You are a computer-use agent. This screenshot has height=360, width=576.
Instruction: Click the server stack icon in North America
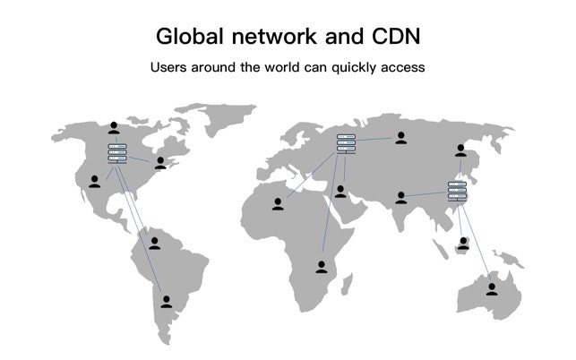pos(117,154)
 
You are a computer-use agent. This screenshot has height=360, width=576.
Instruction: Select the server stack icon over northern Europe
pos(346,143)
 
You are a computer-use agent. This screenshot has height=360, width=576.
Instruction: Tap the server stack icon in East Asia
pos(457,192)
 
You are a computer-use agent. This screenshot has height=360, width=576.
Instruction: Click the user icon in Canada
pos(113,128)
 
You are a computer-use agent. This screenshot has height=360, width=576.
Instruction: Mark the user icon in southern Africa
pos(322,266)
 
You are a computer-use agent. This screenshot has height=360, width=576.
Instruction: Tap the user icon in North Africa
pos(278,203)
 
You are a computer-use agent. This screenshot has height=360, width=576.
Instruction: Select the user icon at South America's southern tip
pos(167,301)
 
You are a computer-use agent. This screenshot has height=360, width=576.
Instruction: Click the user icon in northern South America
pos(154,242)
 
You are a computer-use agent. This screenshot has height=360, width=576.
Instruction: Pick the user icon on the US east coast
pos(160,162)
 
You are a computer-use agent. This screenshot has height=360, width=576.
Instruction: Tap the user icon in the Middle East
pos(340,191)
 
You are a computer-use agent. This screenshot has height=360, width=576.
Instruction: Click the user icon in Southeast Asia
pos(463,242)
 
